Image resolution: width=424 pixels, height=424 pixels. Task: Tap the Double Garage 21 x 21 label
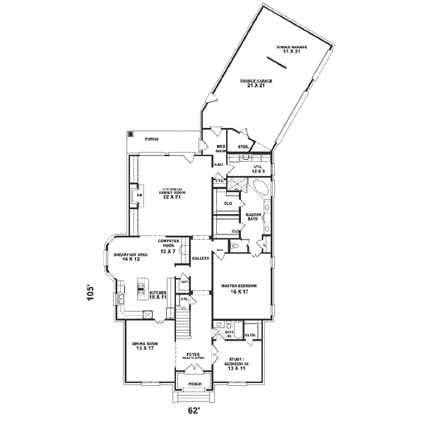255,83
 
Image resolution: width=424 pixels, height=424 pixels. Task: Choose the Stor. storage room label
242,147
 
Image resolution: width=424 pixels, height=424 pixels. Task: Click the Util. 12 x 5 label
258,170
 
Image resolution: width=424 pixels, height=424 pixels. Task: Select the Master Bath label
253,217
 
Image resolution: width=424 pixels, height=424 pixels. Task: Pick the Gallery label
201,259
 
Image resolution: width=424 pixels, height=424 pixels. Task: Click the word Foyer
192,354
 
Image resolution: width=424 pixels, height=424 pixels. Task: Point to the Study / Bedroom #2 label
236,365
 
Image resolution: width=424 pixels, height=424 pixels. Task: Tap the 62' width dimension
192,409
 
